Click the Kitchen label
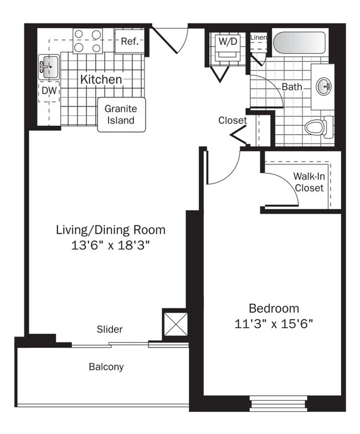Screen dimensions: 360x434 pos(101,79)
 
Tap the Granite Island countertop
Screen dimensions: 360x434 pos(121,114)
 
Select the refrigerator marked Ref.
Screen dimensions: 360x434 pos(130,41)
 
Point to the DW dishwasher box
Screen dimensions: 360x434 pos(49,91)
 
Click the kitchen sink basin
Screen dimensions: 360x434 pos(49,67)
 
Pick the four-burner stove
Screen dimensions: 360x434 pos(88,41)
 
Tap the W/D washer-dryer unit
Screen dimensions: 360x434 pos(228,47)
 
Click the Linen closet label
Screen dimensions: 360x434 pos(259,37)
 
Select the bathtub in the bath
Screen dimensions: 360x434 pos(299,43)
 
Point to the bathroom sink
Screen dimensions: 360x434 pos(323,86)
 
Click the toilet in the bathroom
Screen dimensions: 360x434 pos(319,127)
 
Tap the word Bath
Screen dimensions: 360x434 pos(292,86)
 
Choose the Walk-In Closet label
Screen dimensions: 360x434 pos(309,182)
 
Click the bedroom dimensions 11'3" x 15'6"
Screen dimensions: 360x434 pos(274,323)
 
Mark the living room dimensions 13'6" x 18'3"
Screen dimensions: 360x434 pos(111,245)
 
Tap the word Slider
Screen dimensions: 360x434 pos(110,329)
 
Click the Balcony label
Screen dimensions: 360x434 pos(106,367)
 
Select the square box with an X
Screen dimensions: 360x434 pos(176,324)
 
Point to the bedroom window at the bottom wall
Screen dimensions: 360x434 pos(279,404)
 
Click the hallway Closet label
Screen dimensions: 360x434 pos(233,120)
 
